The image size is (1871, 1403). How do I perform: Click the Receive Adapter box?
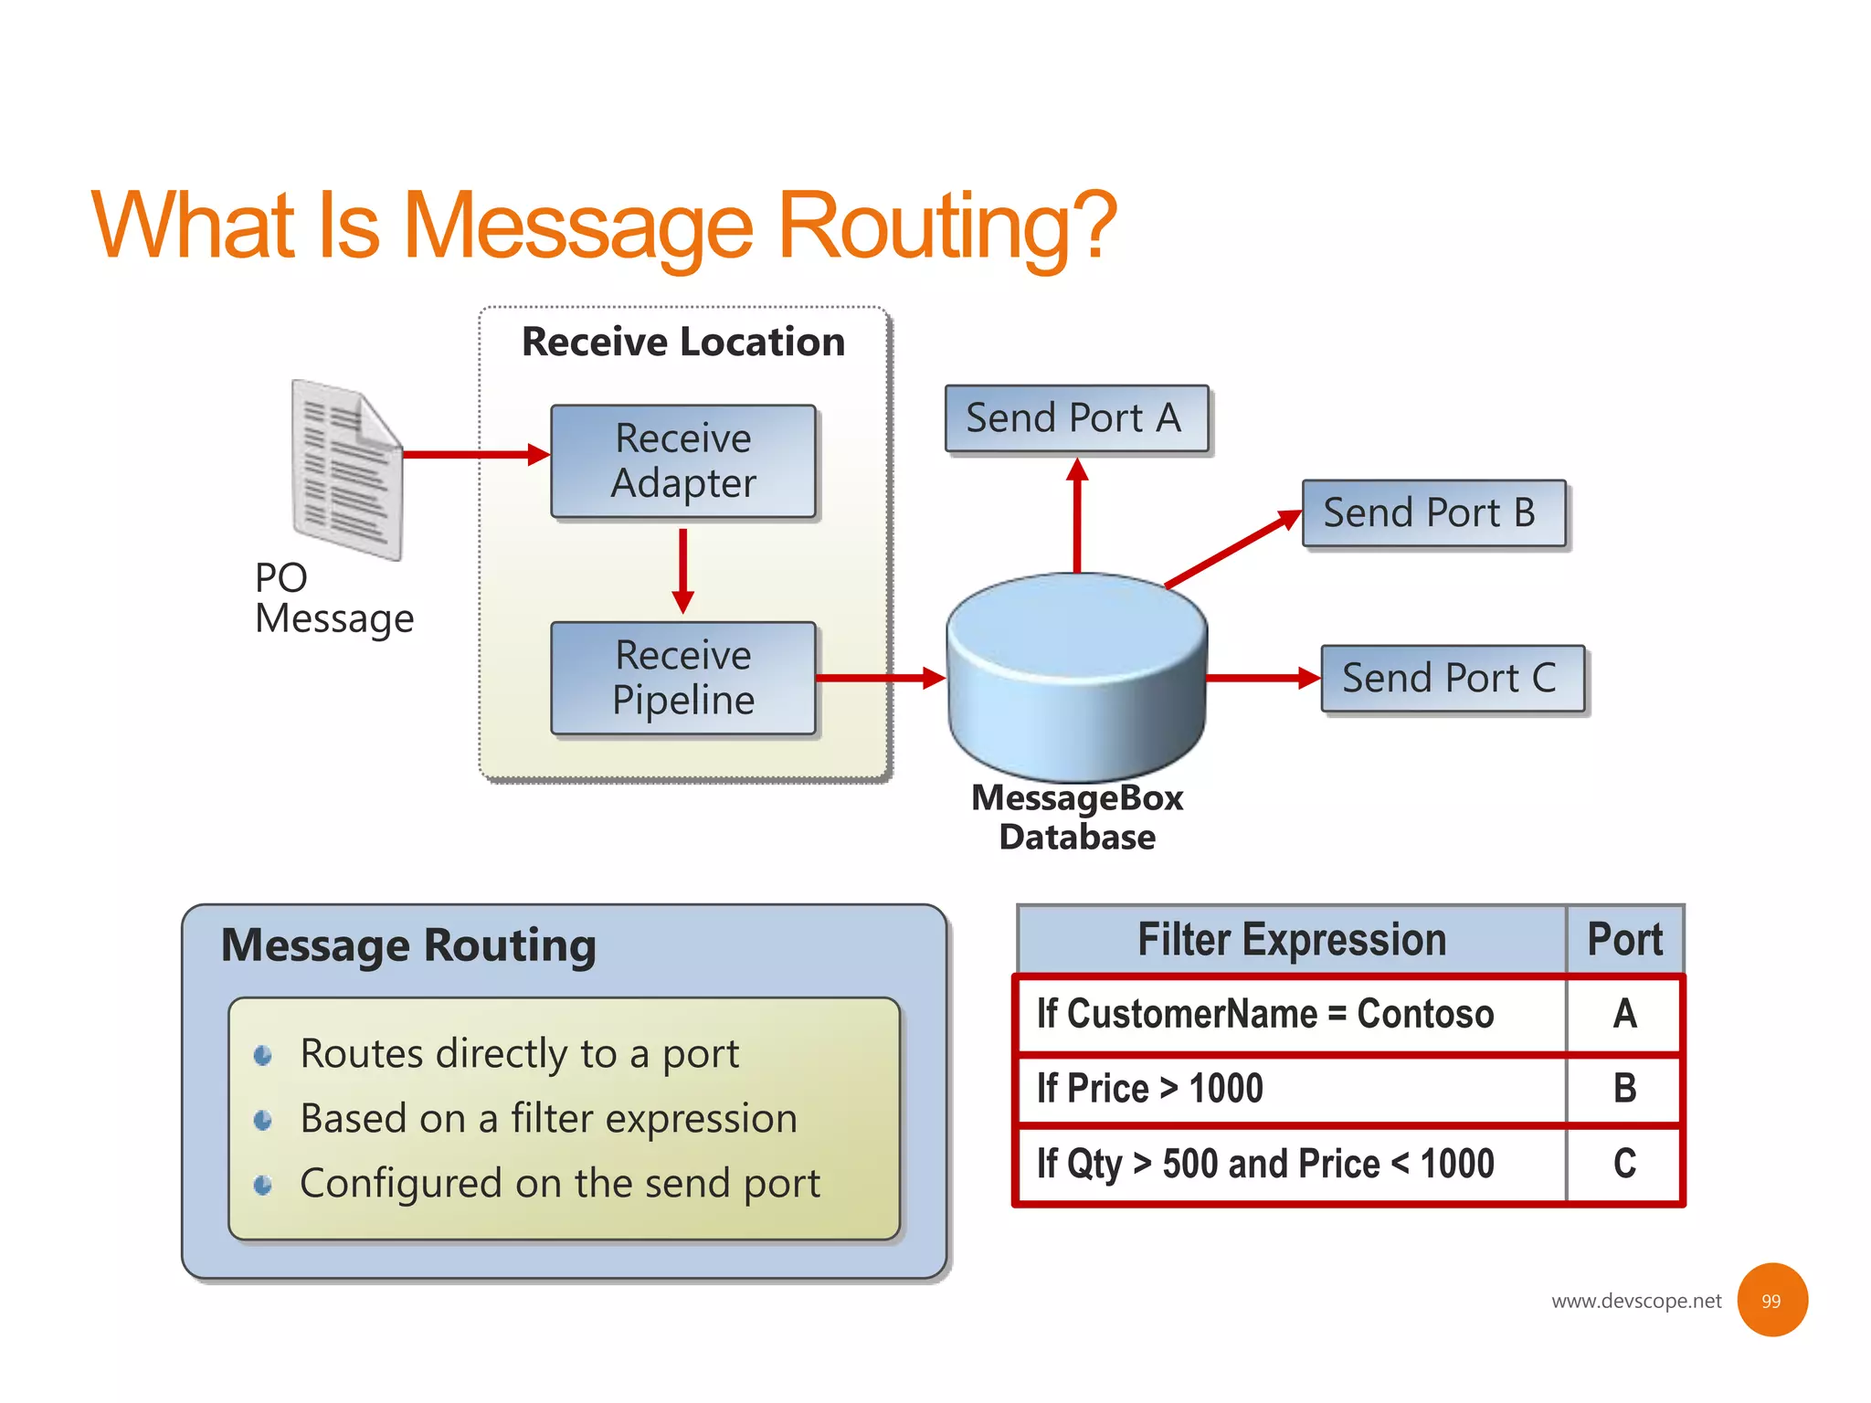tap(682, 461)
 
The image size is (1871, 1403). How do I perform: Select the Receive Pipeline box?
tap(682, 678)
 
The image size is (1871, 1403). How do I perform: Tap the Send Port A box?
tap(1076, 418)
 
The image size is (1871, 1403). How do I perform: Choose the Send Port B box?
tap(1432, 513)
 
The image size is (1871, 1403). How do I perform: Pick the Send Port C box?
tap(1452, 679)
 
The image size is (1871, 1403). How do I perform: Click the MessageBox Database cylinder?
tap(1077, 676)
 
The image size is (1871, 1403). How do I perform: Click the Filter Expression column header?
tap(1292, 940)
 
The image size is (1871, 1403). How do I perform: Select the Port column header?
tap(1624, 940)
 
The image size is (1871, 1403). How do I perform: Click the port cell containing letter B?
tap(1624, 1089)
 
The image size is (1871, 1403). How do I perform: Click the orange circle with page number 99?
tap(1771, 1300)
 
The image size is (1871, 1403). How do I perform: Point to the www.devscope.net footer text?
tap(1635, 1301)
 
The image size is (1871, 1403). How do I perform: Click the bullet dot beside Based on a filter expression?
tap(263, 1120)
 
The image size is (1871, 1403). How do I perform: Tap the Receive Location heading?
tap(682, 342)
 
